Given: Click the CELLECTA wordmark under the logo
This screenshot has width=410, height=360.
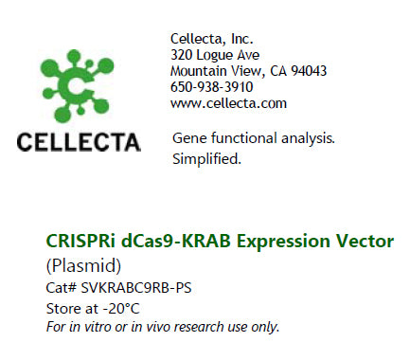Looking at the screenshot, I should (x=80, y=142).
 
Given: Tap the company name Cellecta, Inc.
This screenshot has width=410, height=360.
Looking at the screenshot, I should (x=211, y=39).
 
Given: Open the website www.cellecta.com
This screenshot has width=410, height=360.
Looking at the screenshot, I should (x=227, y=103).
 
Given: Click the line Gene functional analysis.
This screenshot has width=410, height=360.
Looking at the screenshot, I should (x=253, y=139).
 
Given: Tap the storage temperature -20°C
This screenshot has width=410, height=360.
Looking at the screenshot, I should (x=123, y=308).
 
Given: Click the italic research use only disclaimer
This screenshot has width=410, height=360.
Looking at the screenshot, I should (x=163, y=327).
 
